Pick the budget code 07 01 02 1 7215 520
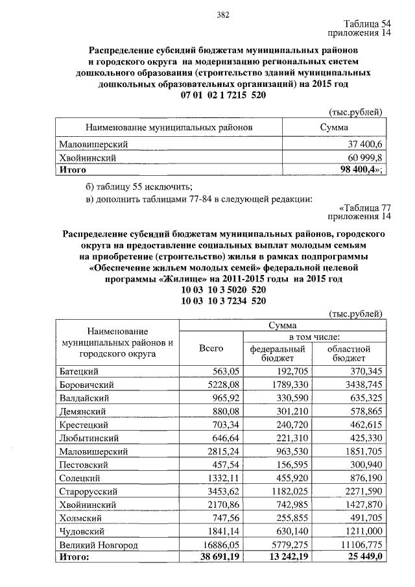click(224, 95)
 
